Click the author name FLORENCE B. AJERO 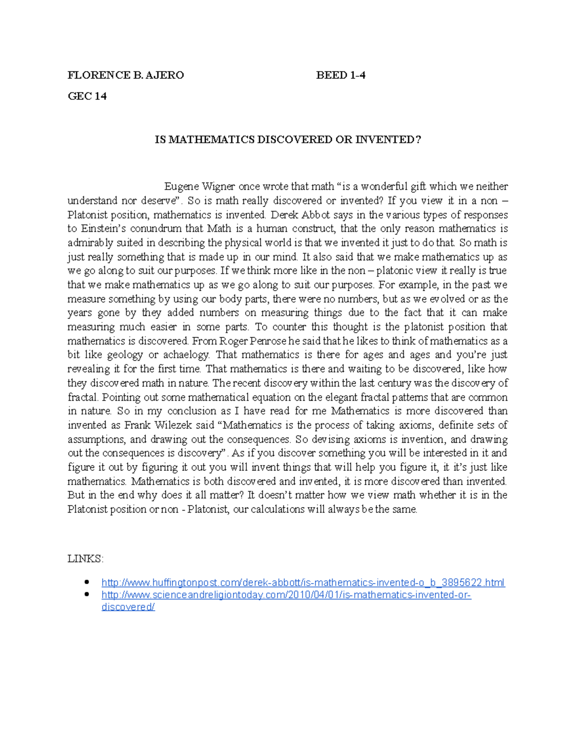(125, 75)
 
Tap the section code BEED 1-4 (341, 75)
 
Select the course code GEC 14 (87, 96)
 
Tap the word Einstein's (102, 229)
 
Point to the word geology (125, 355)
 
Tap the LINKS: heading (85, 559)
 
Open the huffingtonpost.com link (303, 583)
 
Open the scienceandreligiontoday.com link (286, 595)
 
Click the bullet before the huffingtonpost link (87, 582)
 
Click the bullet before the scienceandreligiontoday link (87, 594)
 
